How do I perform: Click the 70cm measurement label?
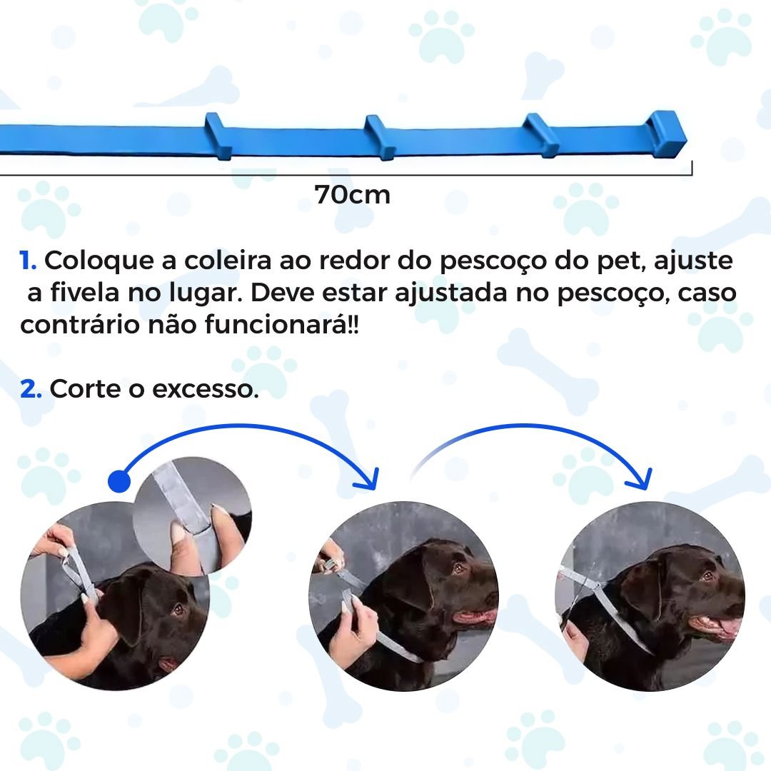click(x=353, y=194)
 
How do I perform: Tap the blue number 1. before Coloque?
click(x=29, y=261)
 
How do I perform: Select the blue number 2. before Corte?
click(x=31, y=390)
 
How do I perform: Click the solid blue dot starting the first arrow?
click(x=119, y=481)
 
